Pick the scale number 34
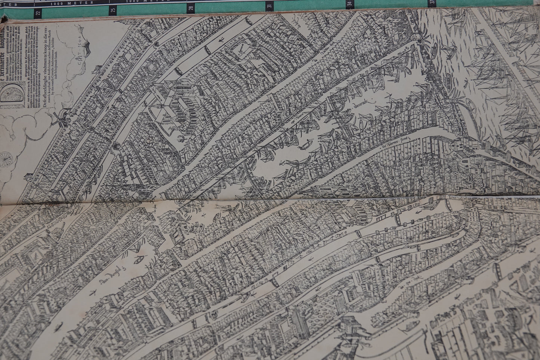(349, 4)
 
